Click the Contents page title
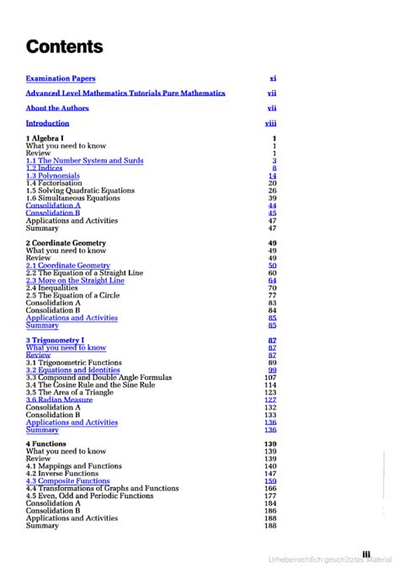click(x=64, y=46)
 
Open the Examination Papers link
click(x=61, y=78)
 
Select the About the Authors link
click(x=57, y=108)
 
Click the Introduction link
click(x=47, y=123)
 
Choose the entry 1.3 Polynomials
click(x=53, y=176)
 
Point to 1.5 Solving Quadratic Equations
click(x=80, y=190)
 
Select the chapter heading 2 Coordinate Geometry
click(x=66, y=243)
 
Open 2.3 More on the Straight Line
click(x=75, y=281)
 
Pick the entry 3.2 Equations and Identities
click(x=73, y=370)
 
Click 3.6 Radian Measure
click(x=59, y=400)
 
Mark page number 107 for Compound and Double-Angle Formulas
click(x=270, y=378)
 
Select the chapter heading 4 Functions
click(x=45, y=443)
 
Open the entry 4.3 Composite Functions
click(x=68, y=481)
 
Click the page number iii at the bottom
click(x=366, y=554)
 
